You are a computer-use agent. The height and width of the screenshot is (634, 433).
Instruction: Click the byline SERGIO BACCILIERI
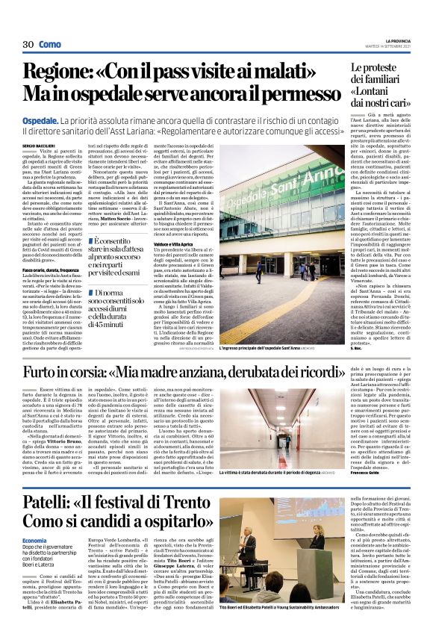[38, 143]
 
